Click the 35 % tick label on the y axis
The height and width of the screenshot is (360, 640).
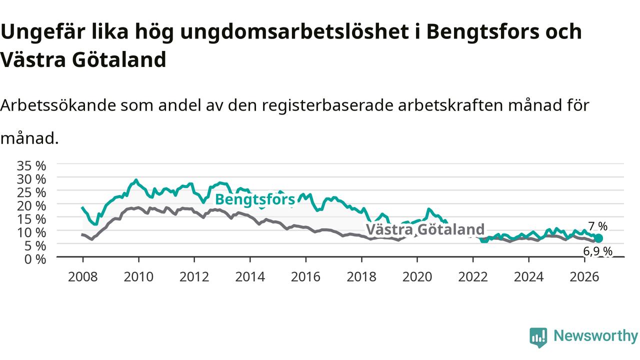31,165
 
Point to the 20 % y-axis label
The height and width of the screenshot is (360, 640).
31,206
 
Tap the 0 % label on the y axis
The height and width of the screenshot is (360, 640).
35,259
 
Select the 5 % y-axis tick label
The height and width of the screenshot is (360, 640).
35,246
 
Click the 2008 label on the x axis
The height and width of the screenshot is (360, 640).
83,277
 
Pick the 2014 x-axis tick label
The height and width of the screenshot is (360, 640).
250,277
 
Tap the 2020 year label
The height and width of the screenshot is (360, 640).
417,277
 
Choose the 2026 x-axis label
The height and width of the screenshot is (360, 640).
584,277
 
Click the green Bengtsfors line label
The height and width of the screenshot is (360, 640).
255,199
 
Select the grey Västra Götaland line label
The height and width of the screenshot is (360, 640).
425,229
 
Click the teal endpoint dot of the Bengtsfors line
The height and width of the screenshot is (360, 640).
598,238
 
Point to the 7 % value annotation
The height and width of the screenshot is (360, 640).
598,226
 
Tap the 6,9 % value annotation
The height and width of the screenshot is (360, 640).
597,251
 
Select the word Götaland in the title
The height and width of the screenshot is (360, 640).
119,59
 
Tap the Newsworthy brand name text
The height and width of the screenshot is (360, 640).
595,335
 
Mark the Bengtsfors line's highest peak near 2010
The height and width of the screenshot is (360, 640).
136,180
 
